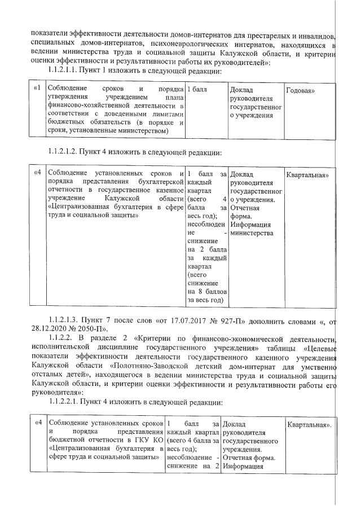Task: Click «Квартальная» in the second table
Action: point(307,175)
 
